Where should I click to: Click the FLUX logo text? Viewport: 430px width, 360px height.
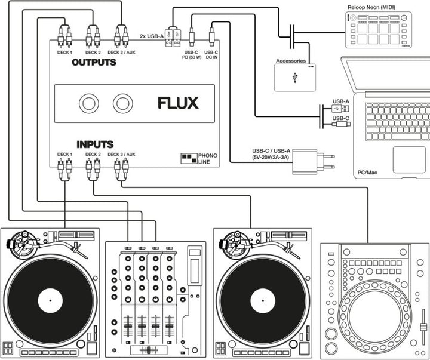tap(177, 103)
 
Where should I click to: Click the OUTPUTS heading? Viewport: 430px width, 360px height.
tap(94, 62)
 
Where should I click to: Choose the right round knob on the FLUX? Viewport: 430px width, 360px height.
tap(123, 104)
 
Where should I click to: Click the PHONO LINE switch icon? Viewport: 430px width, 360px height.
tap(189, 159)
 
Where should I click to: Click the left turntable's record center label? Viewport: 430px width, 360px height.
tap(51, 299)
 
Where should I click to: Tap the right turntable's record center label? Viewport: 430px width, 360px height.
tap(263, 299)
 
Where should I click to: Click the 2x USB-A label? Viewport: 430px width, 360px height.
tap(152, 36)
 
